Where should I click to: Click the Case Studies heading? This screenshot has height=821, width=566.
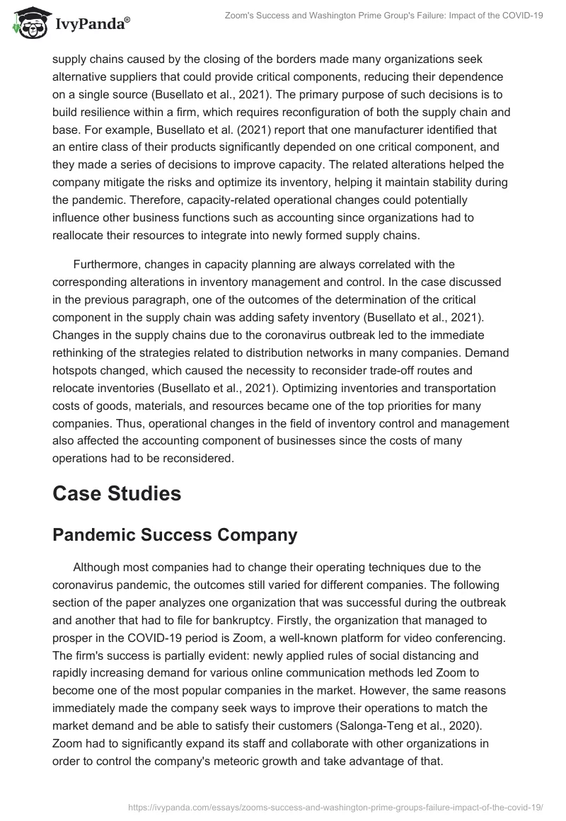117,493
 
